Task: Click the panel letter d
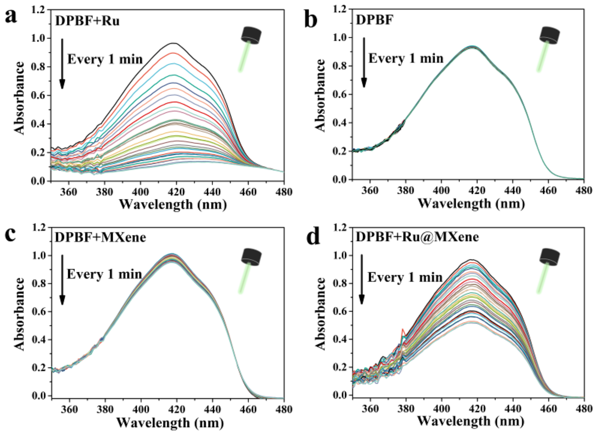(313, 237)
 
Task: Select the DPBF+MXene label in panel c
(100, 238)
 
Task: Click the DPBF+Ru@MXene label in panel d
(417, 237)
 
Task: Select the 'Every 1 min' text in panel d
(405, 277)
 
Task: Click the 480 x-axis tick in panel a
(283, 192)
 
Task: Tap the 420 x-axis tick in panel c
(176, 409)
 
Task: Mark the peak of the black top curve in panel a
(174, 43)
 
